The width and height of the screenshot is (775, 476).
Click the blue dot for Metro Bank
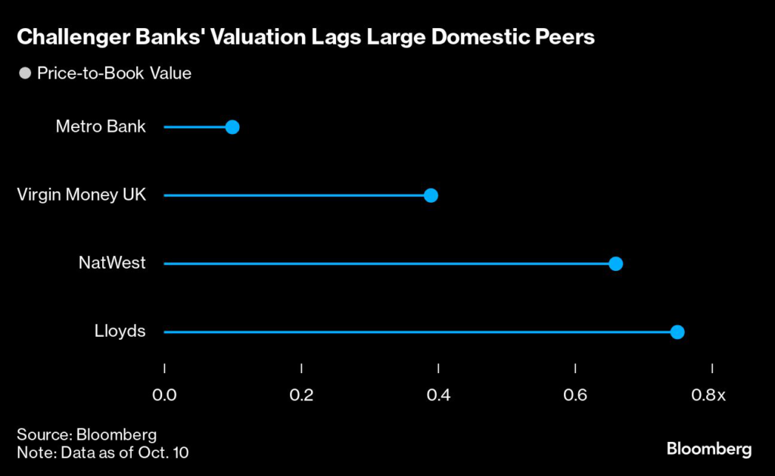232,127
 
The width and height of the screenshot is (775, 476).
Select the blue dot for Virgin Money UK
431,195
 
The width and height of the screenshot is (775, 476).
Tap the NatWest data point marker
615,263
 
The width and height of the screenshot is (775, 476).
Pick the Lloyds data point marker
677,331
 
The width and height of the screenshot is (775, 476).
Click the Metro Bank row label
101,127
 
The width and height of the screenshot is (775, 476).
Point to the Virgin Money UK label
81,195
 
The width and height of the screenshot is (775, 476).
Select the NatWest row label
112,263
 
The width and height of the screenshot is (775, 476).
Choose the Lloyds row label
121,331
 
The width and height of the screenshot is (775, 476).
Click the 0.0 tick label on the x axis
164,394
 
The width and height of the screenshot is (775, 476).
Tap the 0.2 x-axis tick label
301,394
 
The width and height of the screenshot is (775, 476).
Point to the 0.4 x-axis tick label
438,394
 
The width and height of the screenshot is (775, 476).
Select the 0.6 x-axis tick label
576,394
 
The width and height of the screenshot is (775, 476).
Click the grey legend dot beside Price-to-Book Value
25,74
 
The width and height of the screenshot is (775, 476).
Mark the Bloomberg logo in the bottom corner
709,449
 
